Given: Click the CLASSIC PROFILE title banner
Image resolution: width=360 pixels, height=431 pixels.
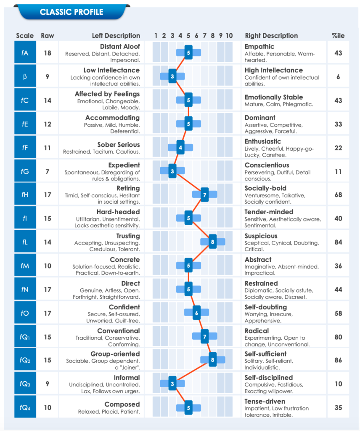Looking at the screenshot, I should click(71, 12).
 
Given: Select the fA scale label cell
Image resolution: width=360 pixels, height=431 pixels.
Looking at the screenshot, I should click(25, 53).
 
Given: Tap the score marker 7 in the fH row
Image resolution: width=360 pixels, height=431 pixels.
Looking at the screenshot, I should click(205, 194).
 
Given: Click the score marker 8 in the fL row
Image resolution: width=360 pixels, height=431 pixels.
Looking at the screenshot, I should click(213, 242).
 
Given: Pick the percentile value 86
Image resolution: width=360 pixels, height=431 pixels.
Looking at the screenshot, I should click(338, 361).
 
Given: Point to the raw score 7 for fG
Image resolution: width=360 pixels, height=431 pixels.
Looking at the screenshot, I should click(48, 171).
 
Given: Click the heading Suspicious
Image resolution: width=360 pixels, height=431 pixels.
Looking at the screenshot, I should click(261, 236).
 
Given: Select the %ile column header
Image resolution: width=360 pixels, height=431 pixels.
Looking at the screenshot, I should click(338, 36).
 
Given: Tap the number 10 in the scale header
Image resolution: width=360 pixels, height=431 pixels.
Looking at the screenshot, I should click(229, 36).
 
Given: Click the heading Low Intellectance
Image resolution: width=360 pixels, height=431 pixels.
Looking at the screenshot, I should click(111, 70).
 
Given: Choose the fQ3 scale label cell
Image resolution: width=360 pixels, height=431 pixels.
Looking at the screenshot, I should click(25, 384).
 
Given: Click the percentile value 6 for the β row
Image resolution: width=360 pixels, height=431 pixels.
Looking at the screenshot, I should click(338, 77).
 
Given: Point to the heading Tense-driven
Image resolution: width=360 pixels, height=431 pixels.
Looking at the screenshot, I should click(265, 402).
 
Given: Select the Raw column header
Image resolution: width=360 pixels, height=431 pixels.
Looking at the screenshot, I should click(48, 36).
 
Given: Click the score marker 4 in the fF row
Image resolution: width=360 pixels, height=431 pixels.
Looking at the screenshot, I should click(180, 147).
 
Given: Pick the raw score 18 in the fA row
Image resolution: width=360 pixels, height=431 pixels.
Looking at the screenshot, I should click(48, 53).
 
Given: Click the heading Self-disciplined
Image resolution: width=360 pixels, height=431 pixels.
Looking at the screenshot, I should click(269, 378).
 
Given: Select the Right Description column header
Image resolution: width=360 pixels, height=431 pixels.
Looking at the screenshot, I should click(271, 36).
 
